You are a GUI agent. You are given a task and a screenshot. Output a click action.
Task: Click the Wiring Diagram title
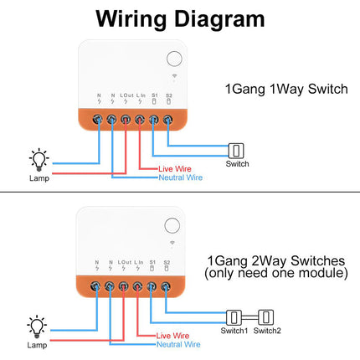(x=179, y=18)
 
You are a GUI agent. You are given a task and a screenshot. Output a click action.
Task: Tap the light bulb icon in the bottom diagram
(x=38, y=324)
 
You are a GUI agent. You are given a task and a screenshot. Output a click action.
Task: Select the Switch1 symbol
(x=234, y=316)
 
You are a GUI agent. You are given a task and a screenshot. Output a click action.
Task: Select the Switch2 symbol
(x=267, y=316)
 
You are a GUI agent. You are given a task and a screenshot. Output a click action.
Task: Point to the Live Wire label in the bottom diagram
(x=176, y=335)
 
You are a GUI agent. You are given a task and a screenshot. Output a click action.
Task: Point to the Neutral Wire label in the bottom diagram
(x=180, y=344)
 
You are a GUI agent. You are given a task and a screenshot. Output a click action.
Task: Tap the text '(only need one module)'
(x=276, y=274)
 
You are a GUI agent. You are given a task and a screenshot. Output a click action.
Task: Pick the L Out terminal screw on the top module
(x=126, y=120)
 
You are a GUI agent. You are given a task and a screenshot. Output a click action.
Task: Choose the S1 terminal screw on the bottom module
(x=154, y=287)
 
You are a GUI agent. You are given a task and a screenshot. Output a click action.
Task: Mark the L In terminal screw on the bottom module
(x=140, y=287)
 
